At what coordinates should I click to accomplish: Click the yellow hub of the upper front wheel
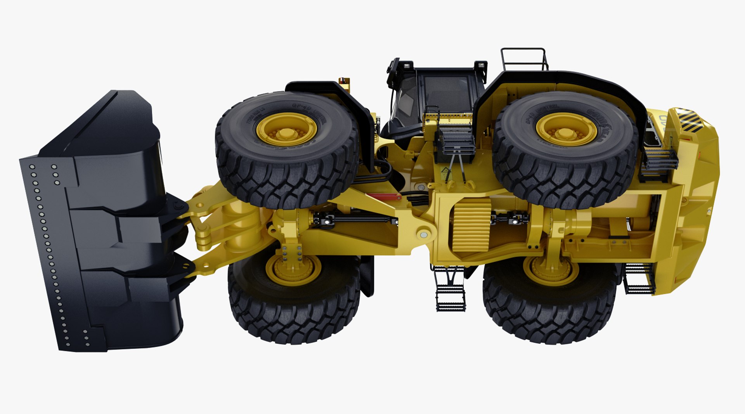point(287,129)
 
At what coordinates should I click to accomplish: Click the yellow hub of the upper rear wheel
point(566,129)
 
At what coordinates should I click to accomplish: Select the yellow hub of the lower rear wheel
point(551,270)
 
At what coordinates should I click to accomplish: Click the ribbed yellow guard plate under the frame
point(471,224)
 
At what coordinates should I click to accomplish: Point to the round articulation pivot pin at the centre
point(423,234)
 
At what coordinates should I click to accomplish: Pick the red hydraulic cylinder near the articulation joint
point(384,197)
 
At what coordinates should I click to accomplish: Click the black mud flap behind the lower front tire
point(367,275)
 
